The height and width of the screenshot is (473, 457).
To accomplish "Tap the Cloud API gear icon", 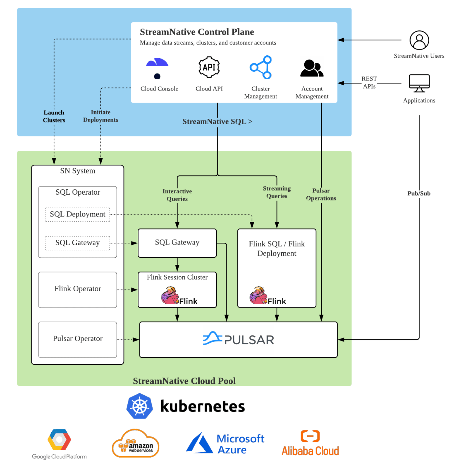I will coord(209,67).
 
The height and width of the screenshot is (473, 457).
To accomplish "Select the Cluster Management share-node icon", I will coord(261,67).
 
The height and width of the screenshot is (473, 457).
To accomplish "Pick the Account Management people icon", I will coord(312,68).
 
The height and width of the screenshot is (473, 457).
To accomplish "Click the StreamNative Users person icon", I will coord(419,40).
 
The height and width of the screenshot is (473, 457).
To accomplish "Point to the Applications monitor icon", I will coord(419,83).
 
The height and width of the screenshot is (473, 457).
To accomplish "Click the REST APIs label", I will coord(369,82).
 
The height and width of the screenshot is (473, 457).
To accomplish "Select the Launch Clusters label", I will coord(54,116).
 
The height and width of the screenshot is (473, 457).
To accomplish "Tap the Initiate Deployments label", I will coord(101,116).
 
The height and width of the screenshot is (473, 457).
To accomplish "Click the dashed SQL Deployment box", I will coord(78,214).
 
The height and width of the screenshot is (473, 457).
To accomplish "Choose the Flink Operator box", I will coord(78,289).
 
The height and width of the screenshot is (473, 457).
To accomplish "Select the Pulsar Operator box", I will coord(78,339).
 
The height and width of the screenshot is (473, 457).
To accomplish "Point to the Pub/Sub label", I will coord(419,193).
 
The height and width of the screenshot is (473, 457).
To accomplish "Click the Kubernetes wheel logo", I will coord(139,406).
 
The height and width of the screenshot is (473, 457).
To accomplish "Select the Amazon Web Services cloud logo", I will coord(136,444).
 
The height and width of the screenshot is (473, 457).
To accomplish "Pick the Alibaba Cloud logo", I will coord(310,444).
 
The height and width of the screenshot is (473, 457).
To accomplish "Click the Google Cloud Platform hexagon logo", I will coord(59,440).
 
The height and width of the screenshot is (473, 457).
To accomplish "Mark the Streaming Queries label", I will coord(277,192).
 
